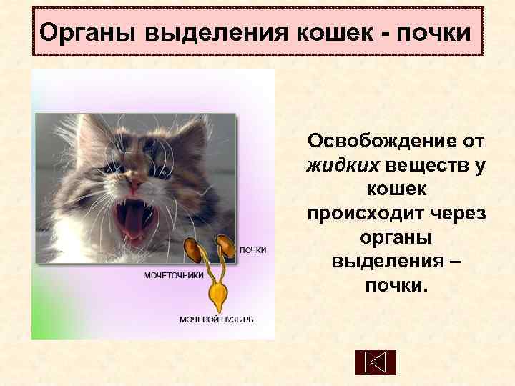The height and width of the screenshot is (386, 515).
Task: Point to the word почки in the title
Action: coord(431,32)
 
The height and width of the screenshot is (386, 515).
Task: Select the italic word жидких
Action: coord(343,166)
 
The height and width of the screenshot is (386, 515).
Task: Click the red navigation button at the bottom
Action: coord(375,362)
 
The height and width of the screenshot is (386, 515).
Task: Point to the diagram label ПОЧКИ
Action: coord(252,250)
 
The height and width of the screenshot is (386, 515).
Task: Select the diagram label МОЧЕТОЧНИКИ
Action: coord(174,274)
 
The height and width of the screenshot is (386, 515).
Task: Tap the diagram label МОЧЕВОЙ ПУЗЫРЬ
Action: coord(215,319)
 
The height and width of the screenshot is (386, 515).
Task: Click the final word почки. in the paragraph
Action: coord(396,286)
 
